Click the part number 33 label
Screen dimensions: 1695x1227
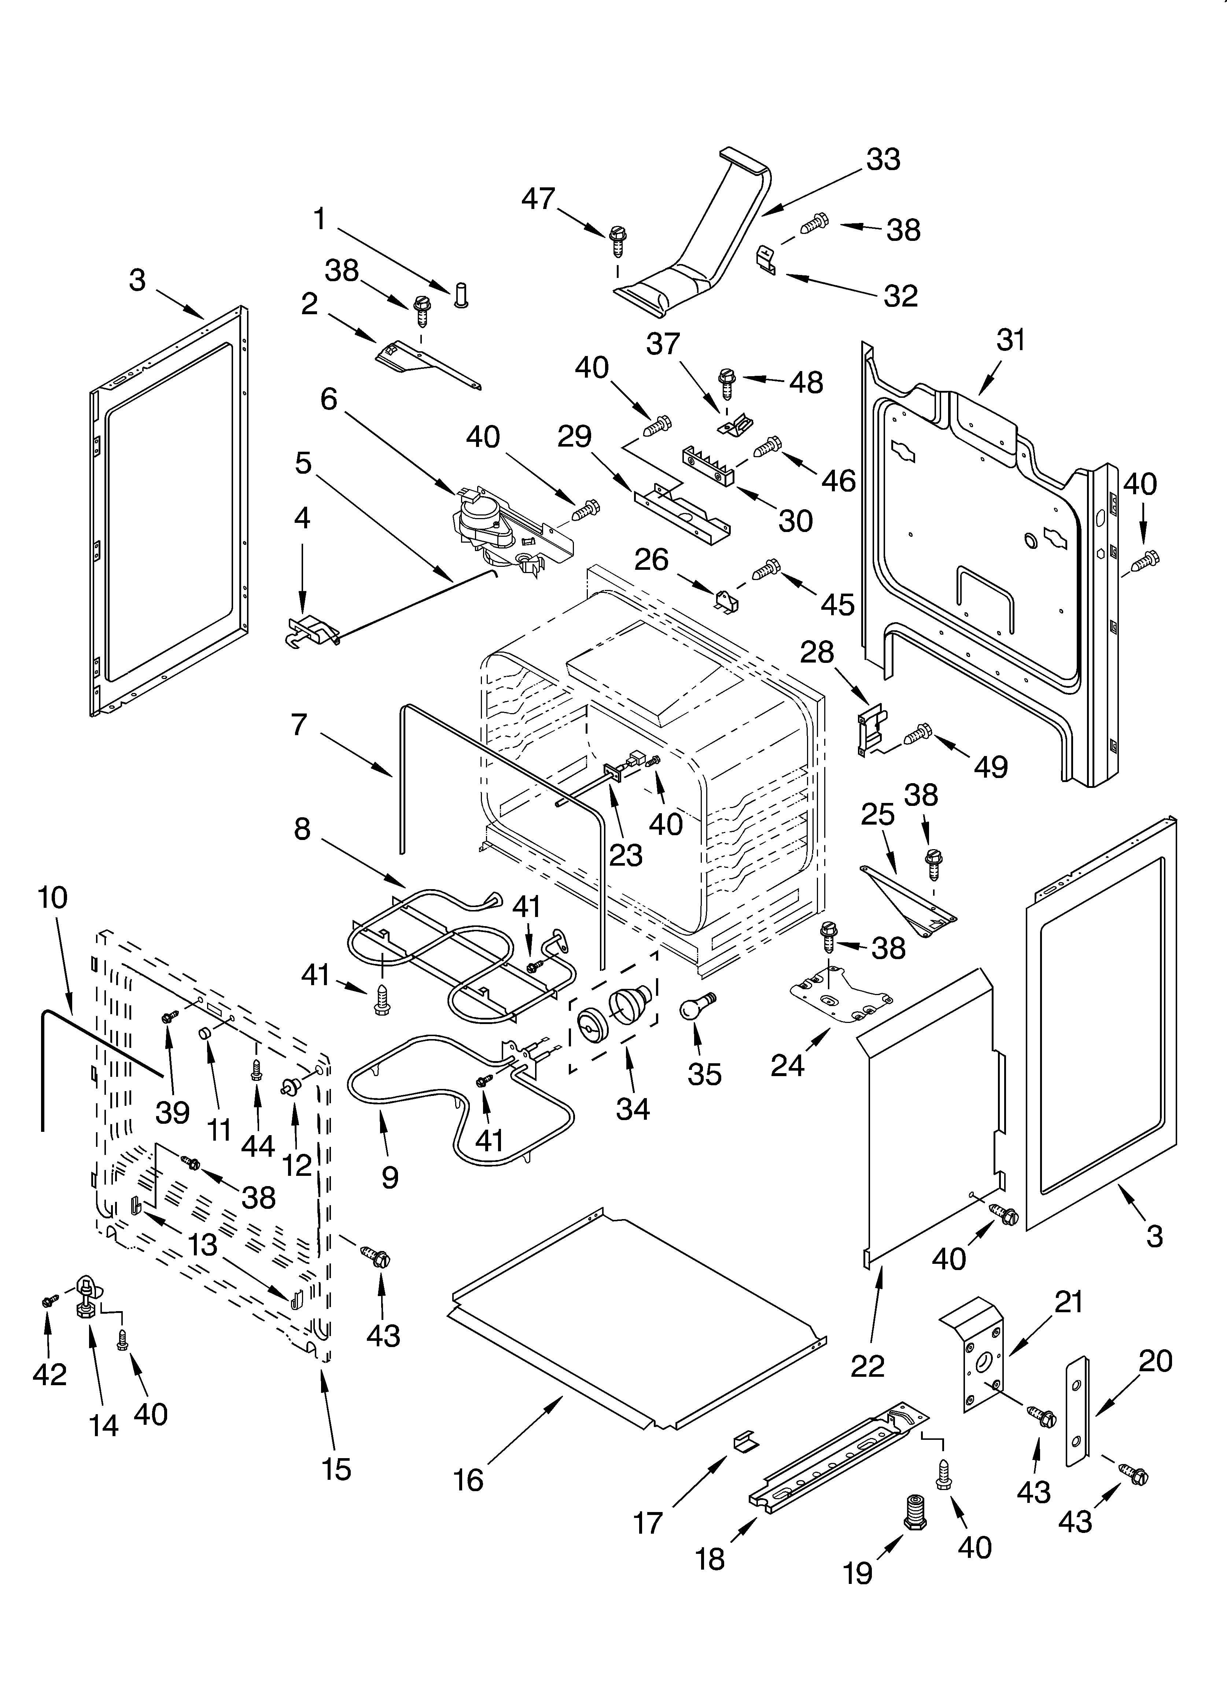pos(883,160)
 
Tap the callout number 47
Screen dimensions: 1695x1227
pos(538,199)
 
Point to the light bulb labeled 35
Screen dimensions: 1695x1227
pos(696,1006)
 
